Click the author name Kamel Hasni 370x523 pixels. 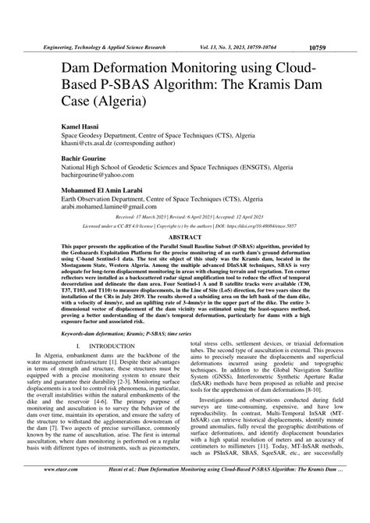[x=73, y=124]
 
